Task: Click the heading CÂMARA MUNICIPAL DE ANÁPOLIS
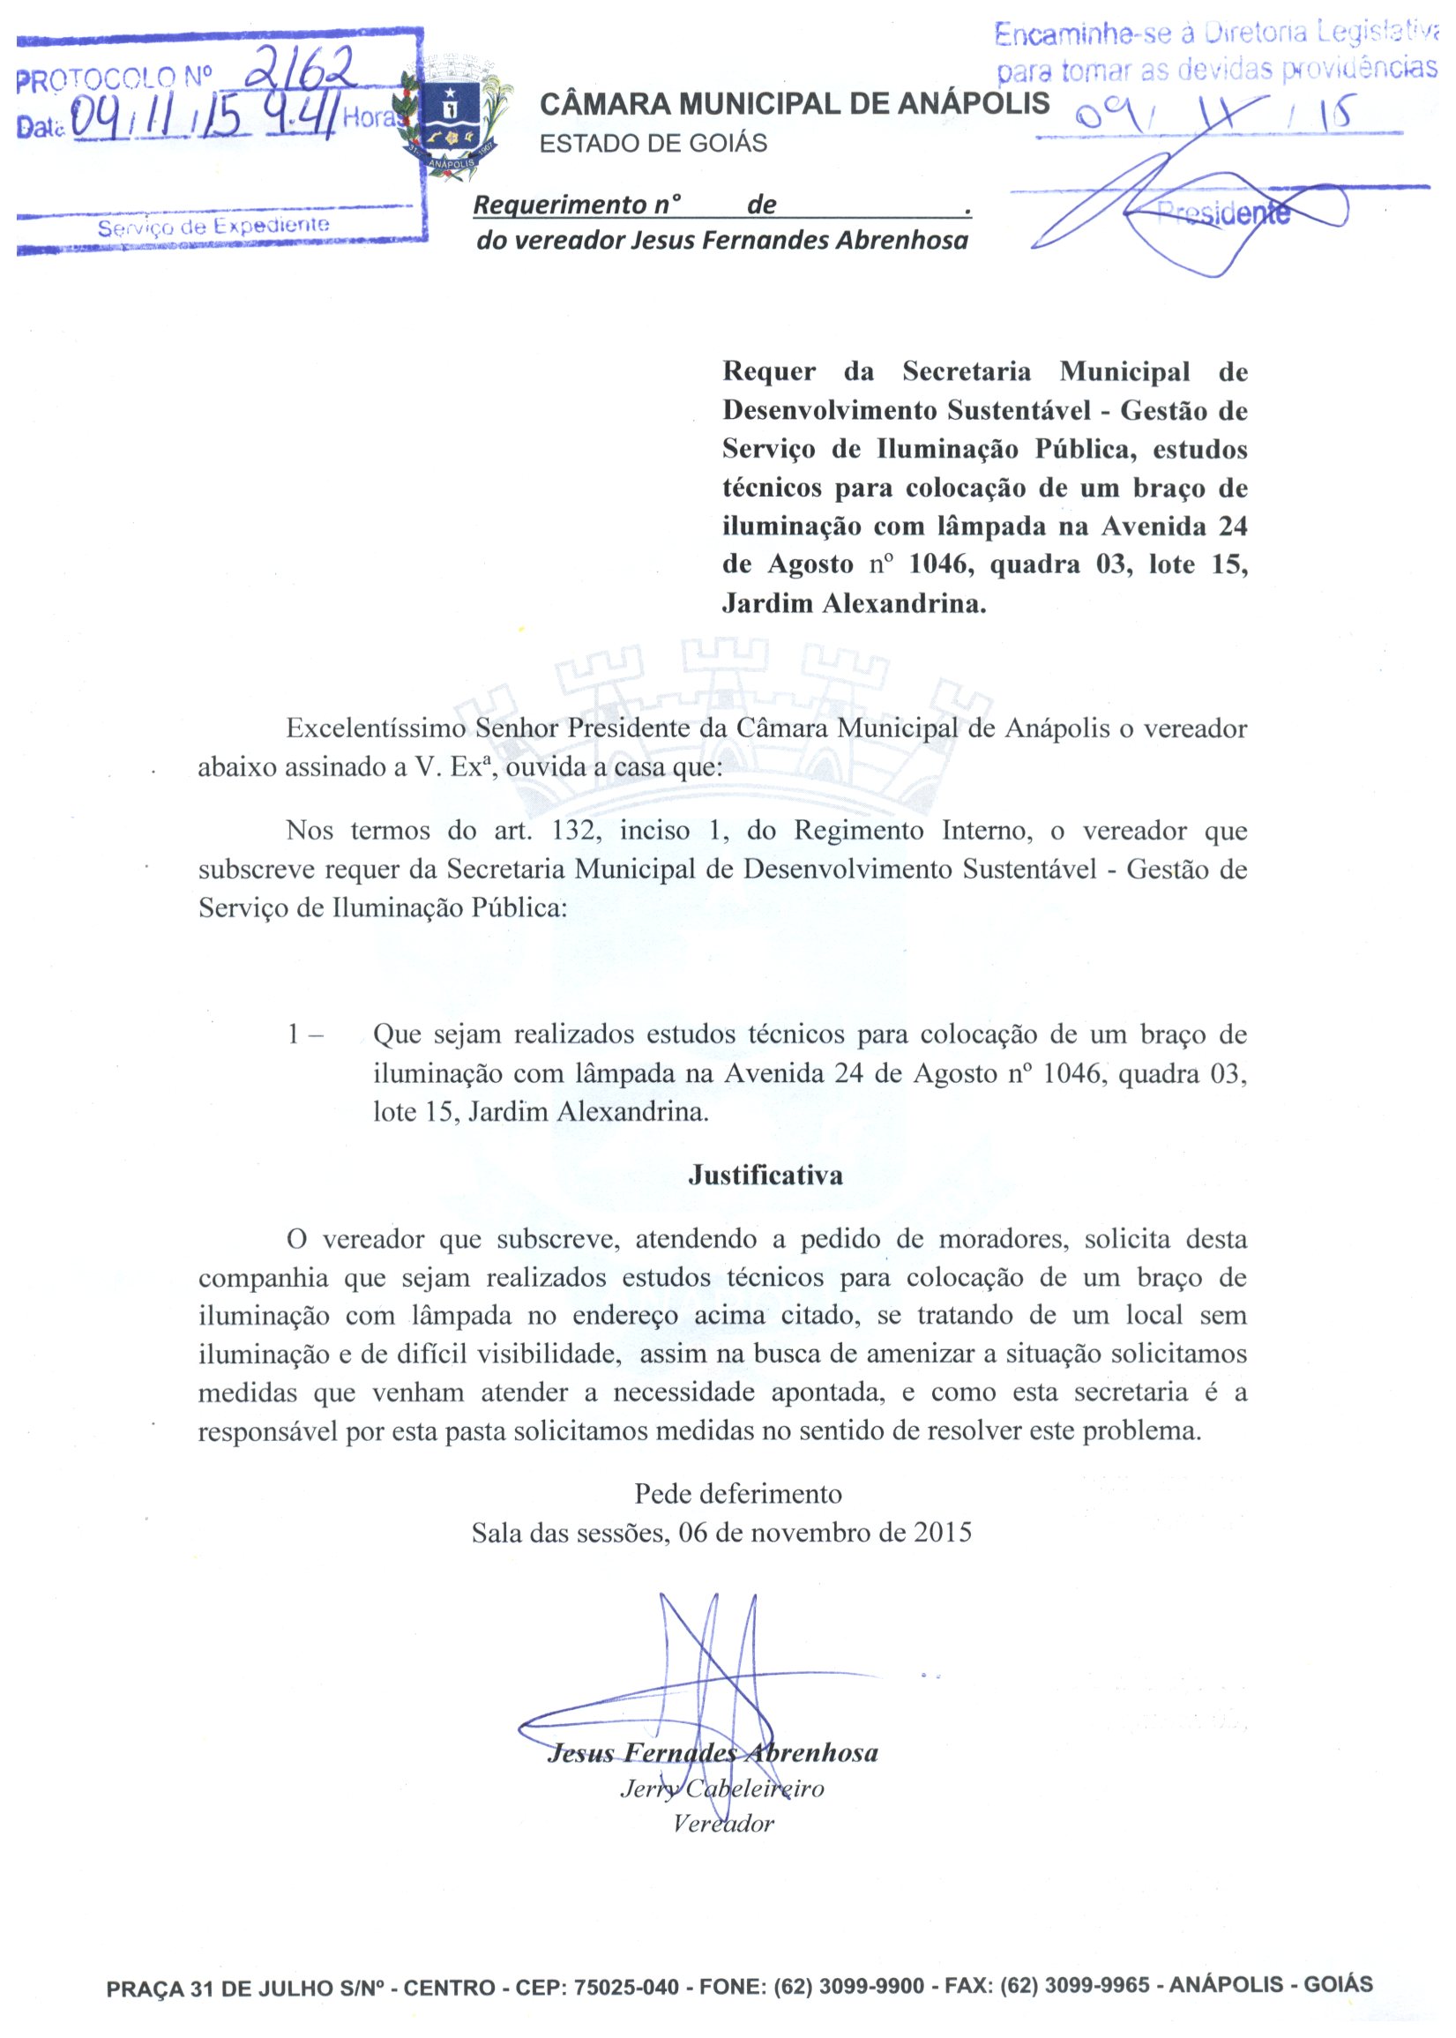tap(794, 104)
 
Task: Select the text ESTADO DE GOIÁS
tap(653, 144)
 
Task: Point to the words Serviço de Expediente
tap(213, 226)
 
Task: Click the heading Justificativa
tap(765, 1175)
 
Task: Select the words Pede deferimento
tap(738, 1494)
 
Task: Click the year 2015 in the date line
tap(942, 1533)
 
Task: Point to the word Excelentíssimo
tap(376, 728)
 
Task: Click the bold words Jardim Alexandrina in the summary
tap(854, 603)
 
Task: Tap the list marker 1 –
tap(305, 1035)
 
